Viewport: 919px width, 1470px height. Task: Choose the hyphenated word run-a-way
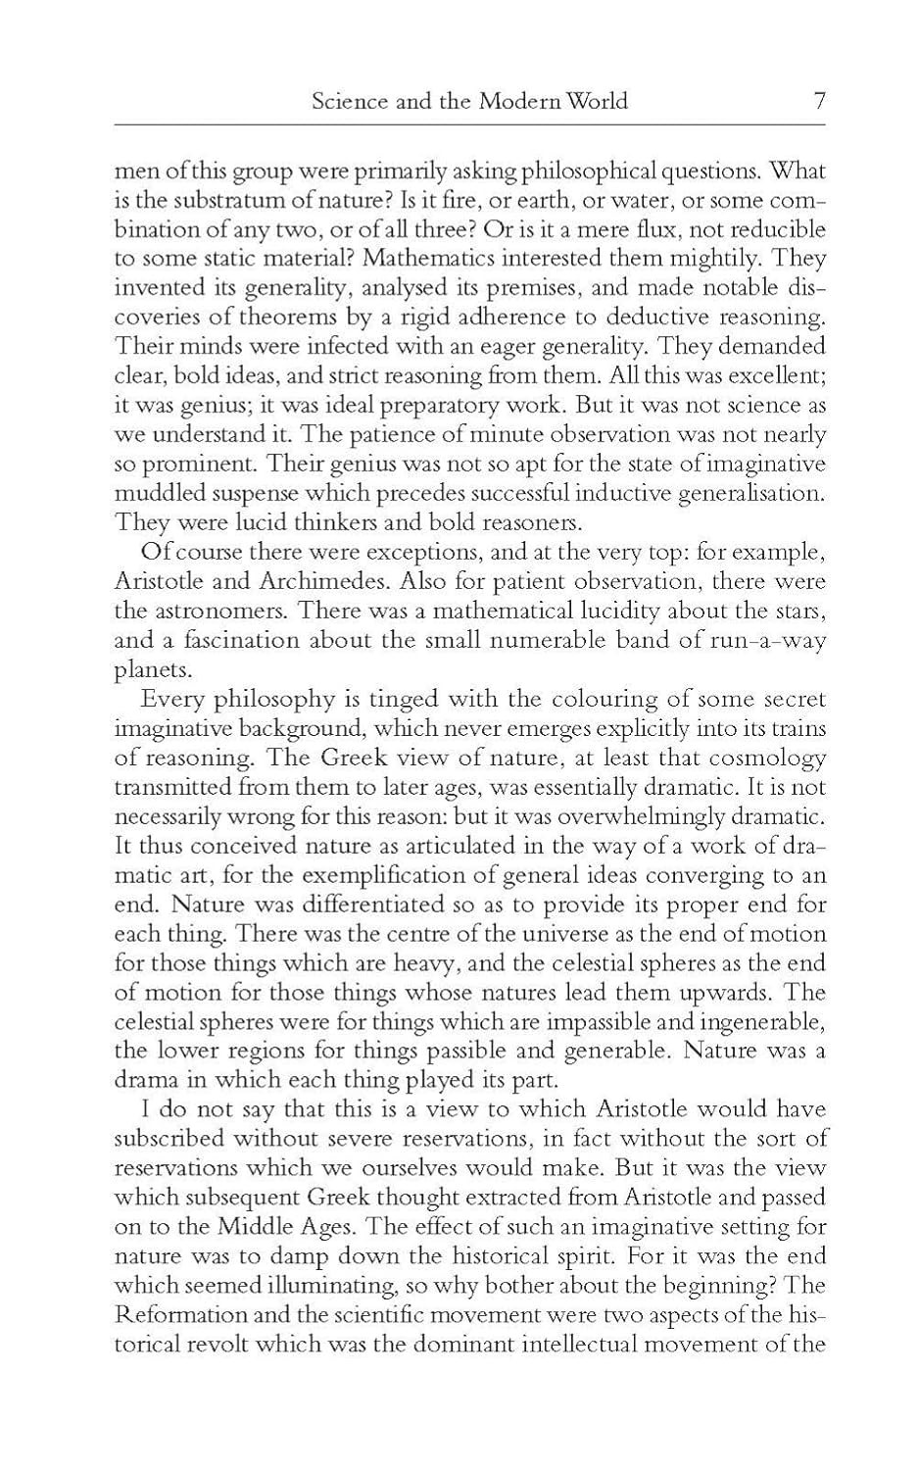[762, 640]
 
